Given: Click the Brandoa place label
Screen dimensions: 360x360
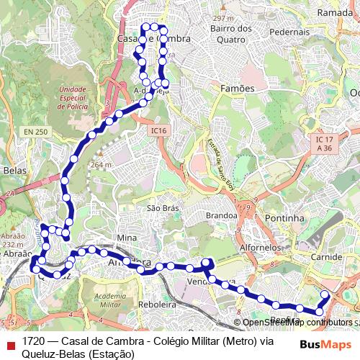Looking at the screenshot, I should click(221, 215).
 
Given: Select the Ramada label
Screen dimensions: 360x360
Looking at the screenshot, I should click(335, 13).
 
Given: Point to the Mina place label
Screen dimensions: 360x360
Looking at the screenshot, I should click(126, 238).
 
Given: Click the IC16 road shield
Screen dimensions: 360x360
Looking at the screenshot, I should click(159, 130).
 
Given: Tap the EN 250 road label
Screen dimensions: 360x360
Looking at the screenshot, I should click(35, 132).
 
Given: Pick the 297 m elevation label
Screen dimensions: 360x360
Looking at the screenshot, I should click(224, 18).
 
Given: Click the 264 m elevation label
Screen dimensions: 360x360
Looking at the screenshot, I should click(102, 164).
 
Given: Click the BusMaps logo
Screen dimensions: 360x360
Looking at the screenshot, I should click(326, 344).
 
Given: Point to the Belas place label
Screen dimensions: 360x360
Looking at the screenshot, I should click(14, 171).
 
